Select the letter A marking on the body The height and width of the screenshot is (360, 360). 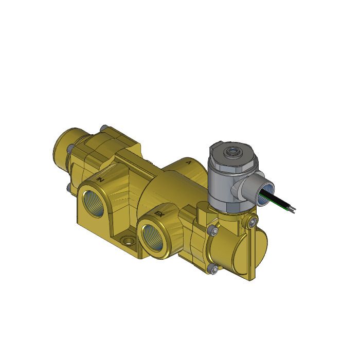click(x=189, y=163)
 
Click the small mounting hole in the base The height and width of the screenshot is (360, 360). click(x=126, y=240)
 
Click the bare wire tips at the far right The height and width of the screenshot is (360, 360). click(x=293, y=210)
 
